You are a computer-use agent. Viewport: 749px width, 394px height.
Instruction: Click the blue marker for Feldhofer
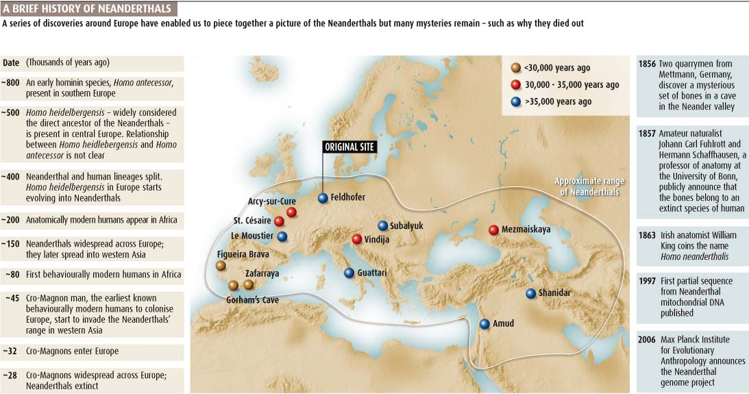tap(323, 198)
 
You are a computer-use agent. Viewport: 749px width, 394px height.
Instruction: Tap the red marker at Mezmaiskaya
tap(493, 230)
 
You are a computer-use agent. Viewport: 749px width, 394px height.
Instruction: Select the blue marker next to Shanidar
tap(530, 293)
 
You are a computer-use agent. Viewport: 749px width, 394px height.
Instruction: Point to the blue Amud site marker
tap(484, 323)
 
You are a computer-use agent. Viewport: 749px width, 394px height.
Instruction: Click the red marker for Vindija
tap(356, 239)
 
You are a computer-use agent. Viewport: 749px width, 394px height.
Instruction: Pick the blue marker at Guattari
tap(349, 273)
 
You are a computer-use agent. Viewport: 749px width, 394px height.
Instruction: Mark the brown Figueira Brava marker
tap(221, 265)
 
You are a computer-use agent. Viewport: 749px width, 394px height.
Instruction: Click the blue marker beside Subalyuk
tap(382, 225)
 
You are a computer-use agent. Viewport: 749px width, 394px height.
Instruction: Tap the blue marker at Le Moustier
tap(282, 236)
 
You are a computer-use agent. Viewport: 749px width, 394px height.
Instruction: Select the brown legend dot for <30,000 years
tap(515, 68)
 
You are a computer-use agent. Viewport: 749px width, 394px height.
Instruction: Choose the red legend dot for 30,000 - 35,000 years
tap(515, 85)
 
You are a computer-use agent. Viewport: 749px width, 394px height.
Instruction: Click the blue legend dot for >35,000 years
tap(515, 102)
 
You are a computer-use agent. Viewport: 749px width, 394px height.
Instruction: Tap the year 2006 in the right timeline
tap(648, 340)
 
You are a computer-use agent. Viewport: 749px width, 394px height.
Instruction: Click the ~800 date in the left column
tap(10, 82)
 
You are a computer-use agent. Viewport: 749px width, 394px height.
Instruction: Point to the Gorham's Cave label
tap(252, 300)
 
